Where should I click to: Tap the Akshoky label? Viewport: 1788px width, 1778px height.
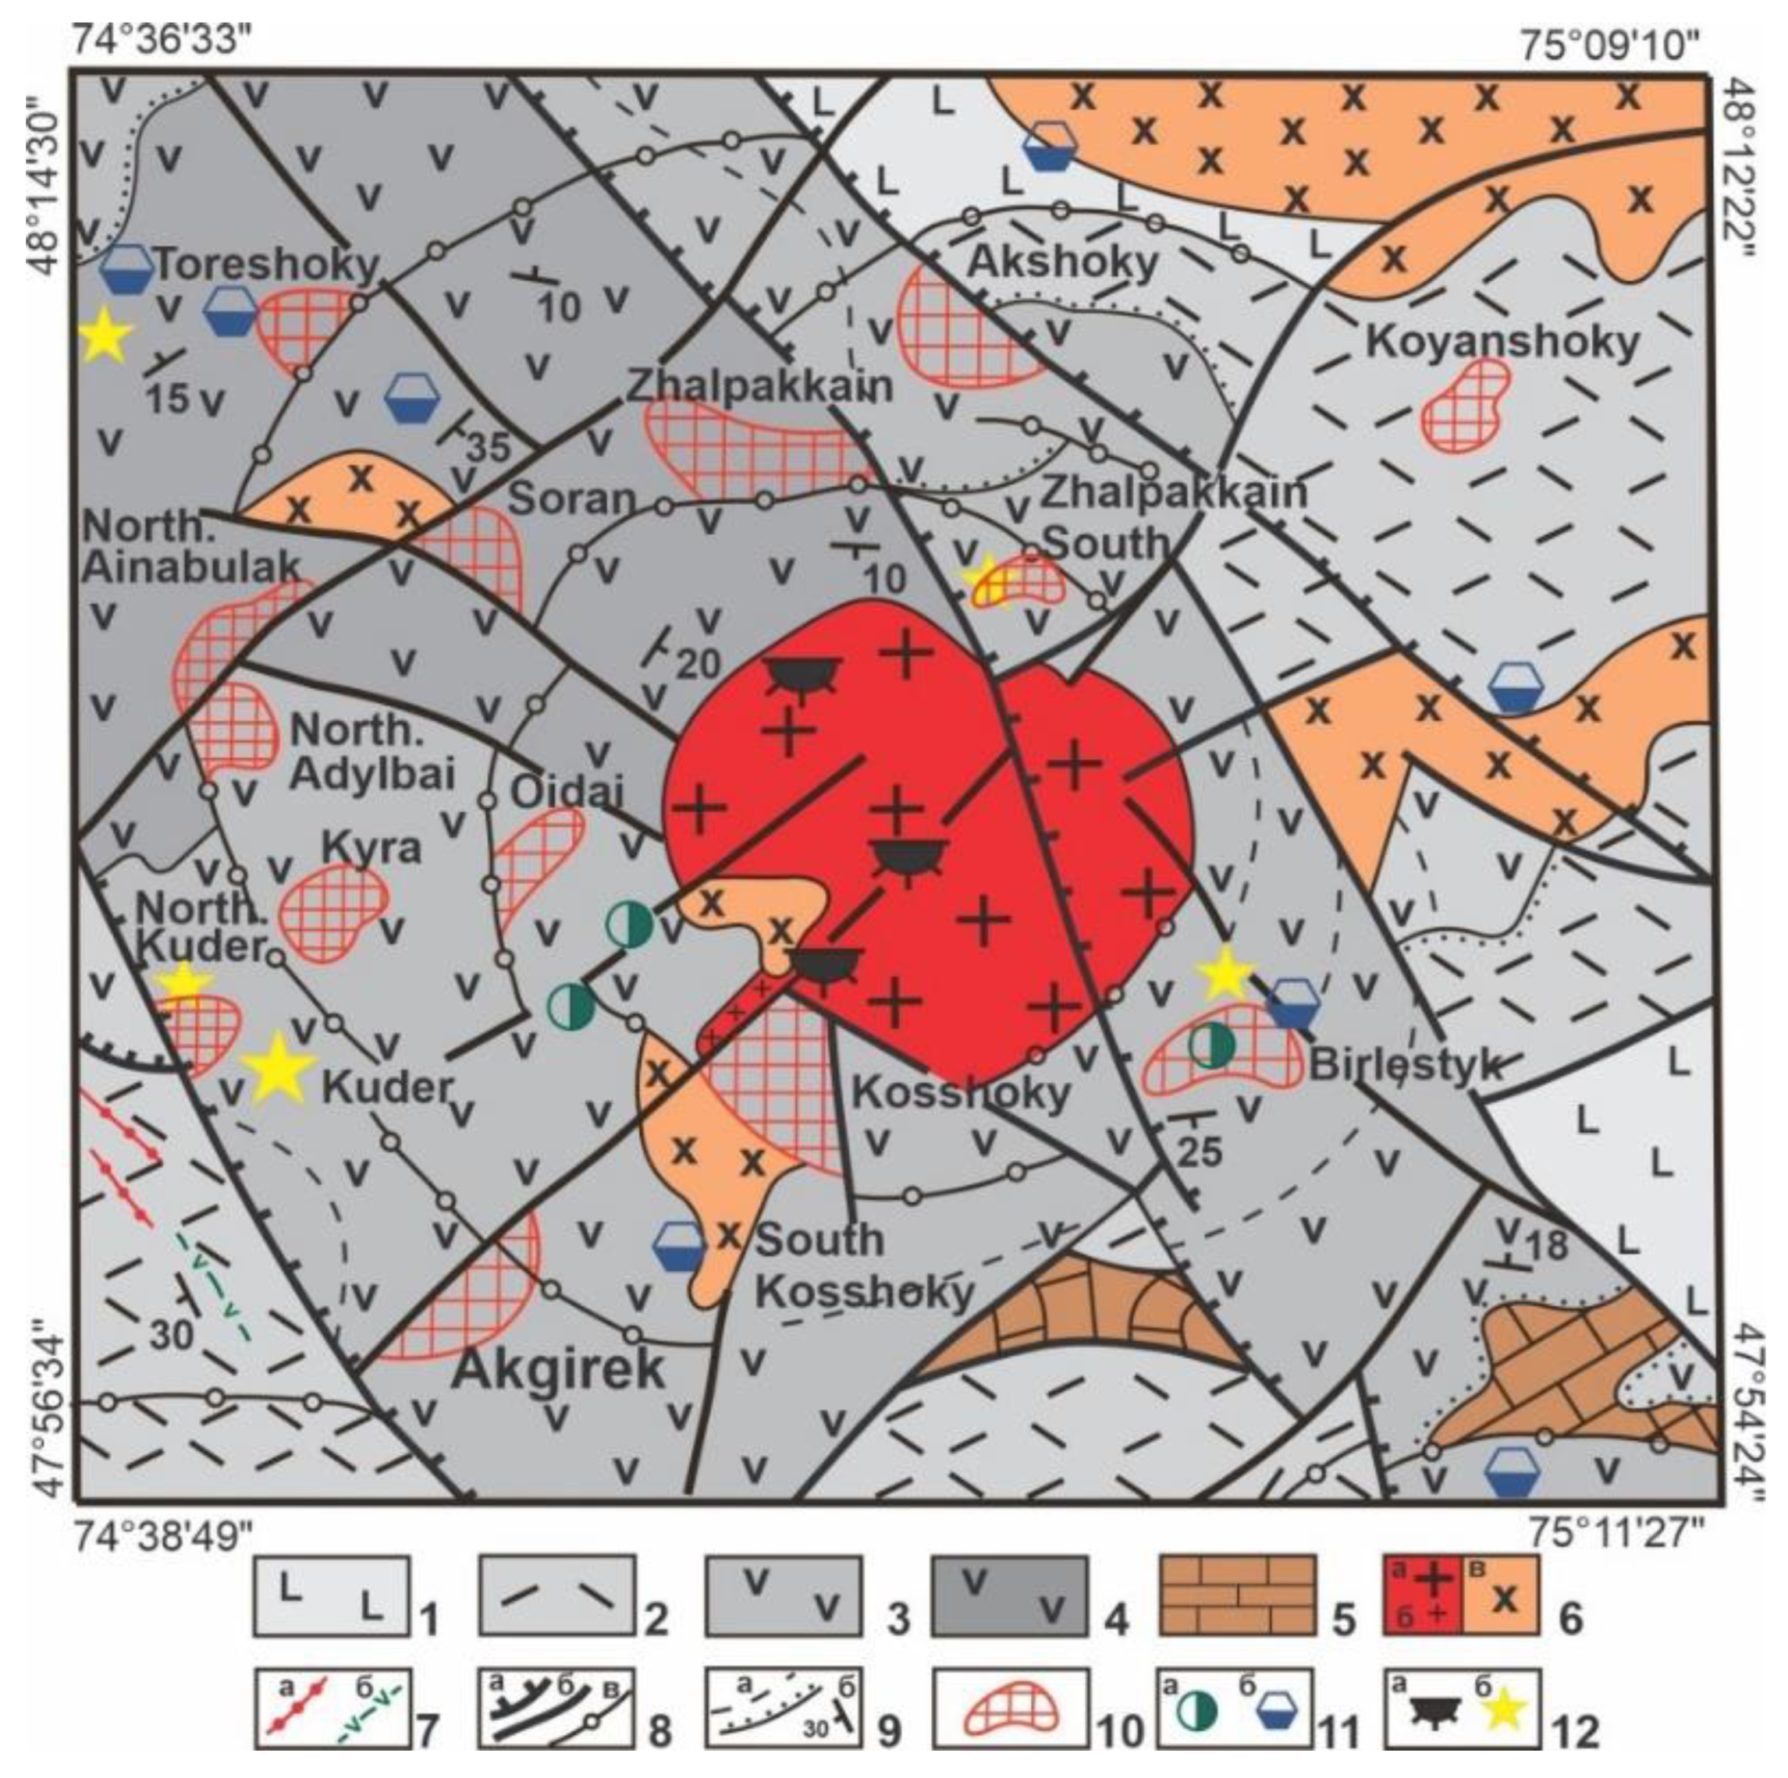coord(1062,263)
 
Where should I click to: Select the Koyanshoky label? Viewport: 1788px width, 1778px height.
coord(1502,343)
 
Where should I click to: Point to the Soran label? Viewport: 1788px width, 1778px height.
coord(573,499)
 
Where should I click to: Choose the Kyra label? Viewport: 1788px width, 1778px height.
coord(371,847)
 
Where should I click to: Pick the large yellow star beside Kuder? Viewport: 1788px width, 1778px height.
coord(277,1069)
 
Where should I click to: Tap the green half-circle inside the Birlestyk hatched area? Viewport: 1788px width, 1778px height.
coord(1211,1044)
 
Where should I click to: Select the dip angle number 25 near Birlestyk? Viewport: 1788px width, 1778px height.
coord(1200,1151)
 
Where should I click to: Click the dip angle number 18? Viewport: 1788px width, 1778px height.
coord(1548,1245)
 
